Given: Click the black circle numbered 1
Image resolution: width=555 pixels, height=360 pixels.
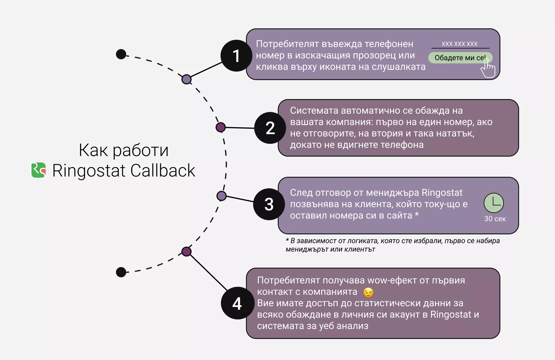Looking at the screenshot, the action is click(236, 56).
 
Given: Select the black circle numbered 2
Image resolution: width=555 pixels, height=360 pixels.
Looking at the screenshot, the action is click(270, 128).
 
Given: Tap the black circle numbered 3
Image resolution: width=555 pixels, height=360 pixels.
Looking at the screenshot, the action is click(269, 204).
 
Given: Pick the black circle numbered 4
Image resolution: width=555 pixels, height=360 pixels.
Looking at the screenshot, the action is click(237, 303).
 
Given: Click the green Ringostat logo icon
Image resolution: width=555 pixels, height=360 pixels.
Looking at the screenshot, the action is click(39, 170).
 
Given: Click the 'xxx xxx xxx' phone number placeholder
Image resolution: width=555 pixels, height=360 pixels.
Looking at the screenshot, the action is click(459, 44).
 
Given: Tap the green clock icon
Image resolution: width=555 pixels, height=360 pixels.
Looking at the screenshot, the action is click(494, 203).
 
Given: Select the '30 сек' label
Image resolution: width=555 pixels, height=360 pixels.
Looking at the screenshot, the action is click(495, 219).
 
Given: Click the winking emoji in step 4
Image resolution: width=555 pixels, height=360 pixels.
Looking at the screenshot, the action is click(368, 292).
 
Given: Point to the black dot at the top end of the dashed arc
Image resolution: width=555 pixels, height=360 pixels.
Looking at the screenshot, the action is click(121, 54).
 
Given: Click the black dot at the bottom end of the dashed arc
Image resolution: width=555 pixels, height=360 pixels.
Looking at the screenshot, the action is click(121, 272).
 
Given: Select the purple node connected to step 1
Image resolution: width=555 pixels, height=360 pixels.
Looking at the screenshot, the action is click(186, 79).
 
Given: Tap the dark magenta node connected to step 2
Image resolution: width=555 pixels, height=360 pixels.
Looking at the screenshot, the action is click(221, 127).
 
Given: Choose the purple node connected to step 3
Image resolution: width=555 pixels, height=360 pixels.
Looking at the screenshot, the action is click(221, 196).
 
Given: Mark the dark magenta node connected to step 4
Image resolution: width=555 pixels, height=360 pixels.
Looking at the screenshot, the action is click(186, 251).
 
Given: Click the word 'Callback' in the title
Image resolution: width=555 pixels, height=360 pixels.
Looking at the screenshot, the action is click(163, 170).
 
